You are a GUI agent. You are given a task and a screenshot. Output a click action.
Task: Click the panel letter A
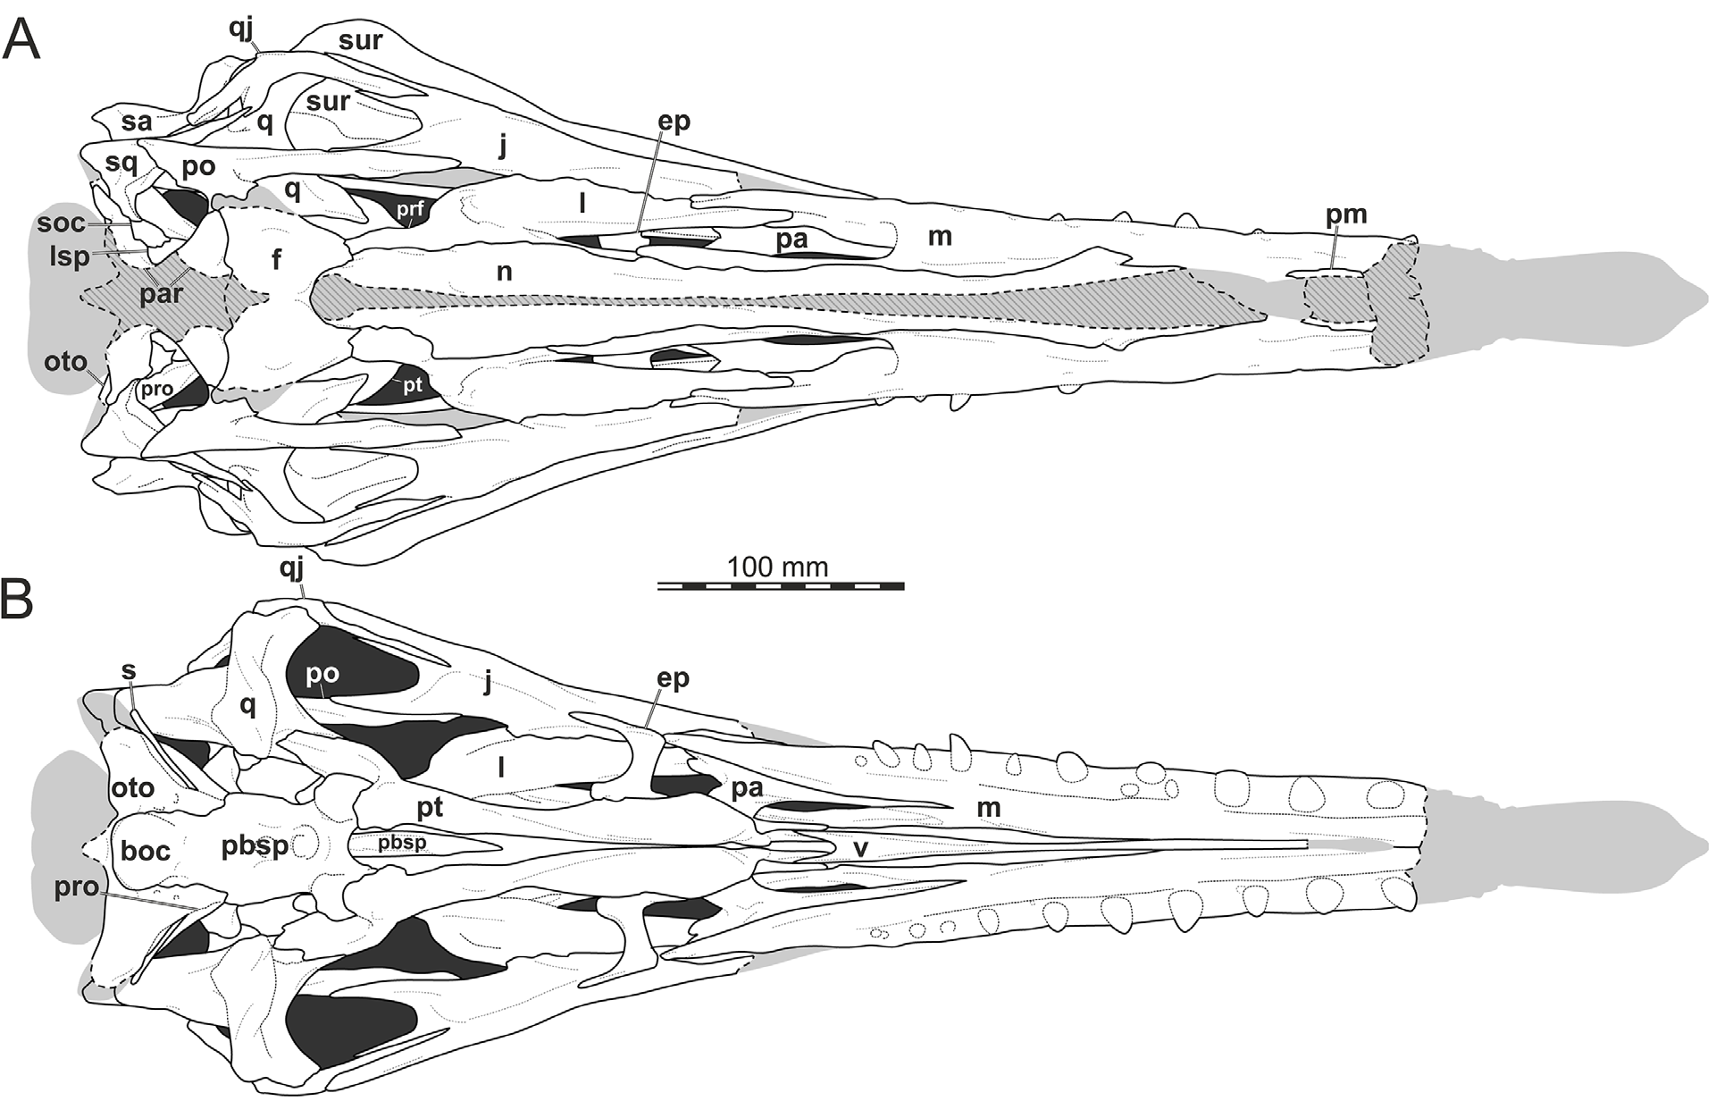click(x=21, y=40)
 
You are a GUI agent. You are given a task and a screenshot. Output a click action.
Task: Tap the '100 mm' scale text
click(x=777, y=567)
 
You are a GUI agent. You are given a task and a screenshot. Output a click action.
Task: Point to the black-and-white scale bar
click(x=781, y=586)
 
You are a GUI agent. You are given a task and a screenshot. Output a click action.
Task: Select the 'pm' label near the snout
click(x=1346, y=214)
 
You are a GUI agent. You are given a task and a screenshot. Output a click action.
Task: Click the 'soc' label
click(x=62, y=223)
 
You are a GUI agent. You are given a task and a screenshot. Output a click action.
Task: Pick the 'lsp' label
click(x=70, y=256)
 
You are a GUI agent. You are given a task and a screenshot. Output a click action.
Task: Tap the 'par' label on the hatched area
click(x=161, y=293)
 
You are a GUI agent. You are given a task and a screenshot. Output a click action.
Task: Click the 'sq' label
click(x=121, y=163)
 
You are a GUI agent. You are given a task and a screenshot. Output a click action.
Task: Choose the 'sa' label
click(x=137, y=121)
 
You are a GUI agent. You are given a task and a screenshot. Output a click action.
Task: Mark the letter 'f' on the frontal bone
click(x=277, y=260)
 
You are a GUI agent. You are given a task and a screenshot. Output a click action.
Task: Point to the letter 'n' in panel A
click(x=505, y=271)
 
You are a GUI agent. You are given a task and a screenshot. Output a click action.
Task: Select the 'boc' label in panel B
click(x=146, y=850)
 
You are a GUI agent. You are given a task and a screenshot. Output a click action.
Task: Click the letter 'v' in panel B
click(x=860, y=847)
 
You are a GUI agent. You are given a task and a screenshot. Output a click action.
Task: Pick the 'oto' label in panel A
click(x=66, y=362)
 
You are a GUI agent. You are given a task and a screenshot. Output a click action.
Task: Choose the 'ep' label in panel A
click(x=674, y=122)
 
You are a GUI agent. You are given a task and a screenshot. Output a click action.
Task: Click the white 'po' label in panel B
click(x=322, y=672)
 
